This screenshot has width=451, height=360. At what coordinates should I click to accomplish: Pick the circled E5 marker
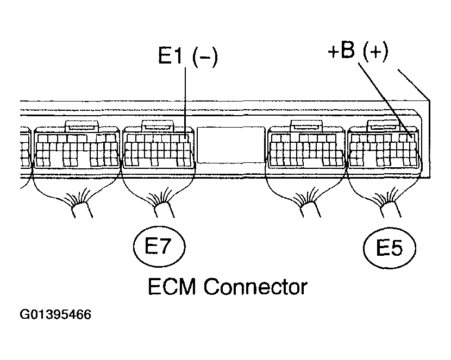pos(389,249)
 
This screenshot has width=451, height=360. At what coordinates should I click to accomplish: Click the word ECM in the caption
pos(174,286)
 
